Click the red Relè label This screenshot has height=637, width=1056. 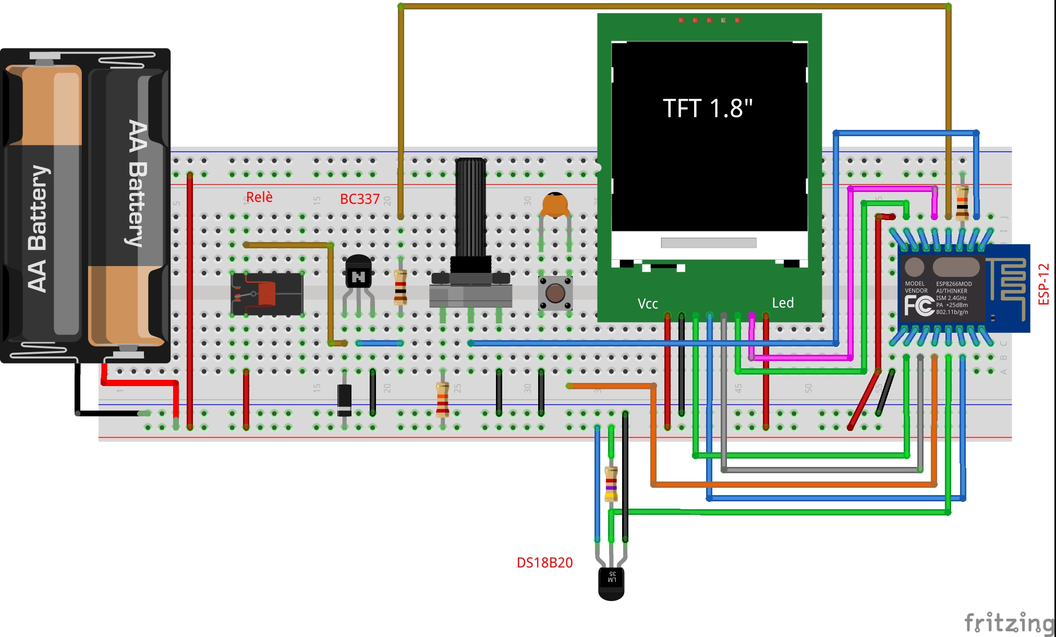(259, 197)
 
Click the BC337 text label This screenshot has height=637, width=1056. (359, 199)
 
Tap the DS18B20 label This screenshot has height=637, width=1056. (544, 562)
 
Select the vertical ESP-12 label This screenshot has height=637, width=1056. (1043, 284)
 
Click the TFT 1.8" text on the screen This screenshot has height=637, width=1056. (707, 109)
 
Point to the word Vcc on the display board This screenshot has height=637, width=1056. (648, 304)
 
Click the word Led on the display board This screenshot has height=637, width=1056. (783, 303)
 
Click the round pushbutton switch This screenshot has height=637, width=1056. (555, 293)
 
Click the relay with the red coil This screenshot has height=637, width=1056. (267, 294)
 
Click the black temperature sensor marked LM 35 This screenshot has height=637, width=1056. (611, 583)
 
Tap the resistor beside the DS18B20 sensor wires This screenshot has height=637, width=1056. (611, 484)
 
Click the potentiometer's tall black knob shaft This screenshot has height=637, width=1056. (470, 209)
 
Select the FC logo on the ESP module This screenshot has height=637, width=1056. (918, 305)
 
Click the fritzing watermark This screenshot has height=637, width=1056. (1009, 623)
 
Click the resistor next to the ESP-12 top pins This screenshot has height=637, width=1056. (962, 203)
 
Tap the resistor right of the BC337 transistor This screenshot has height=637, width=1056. (400, 287)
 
